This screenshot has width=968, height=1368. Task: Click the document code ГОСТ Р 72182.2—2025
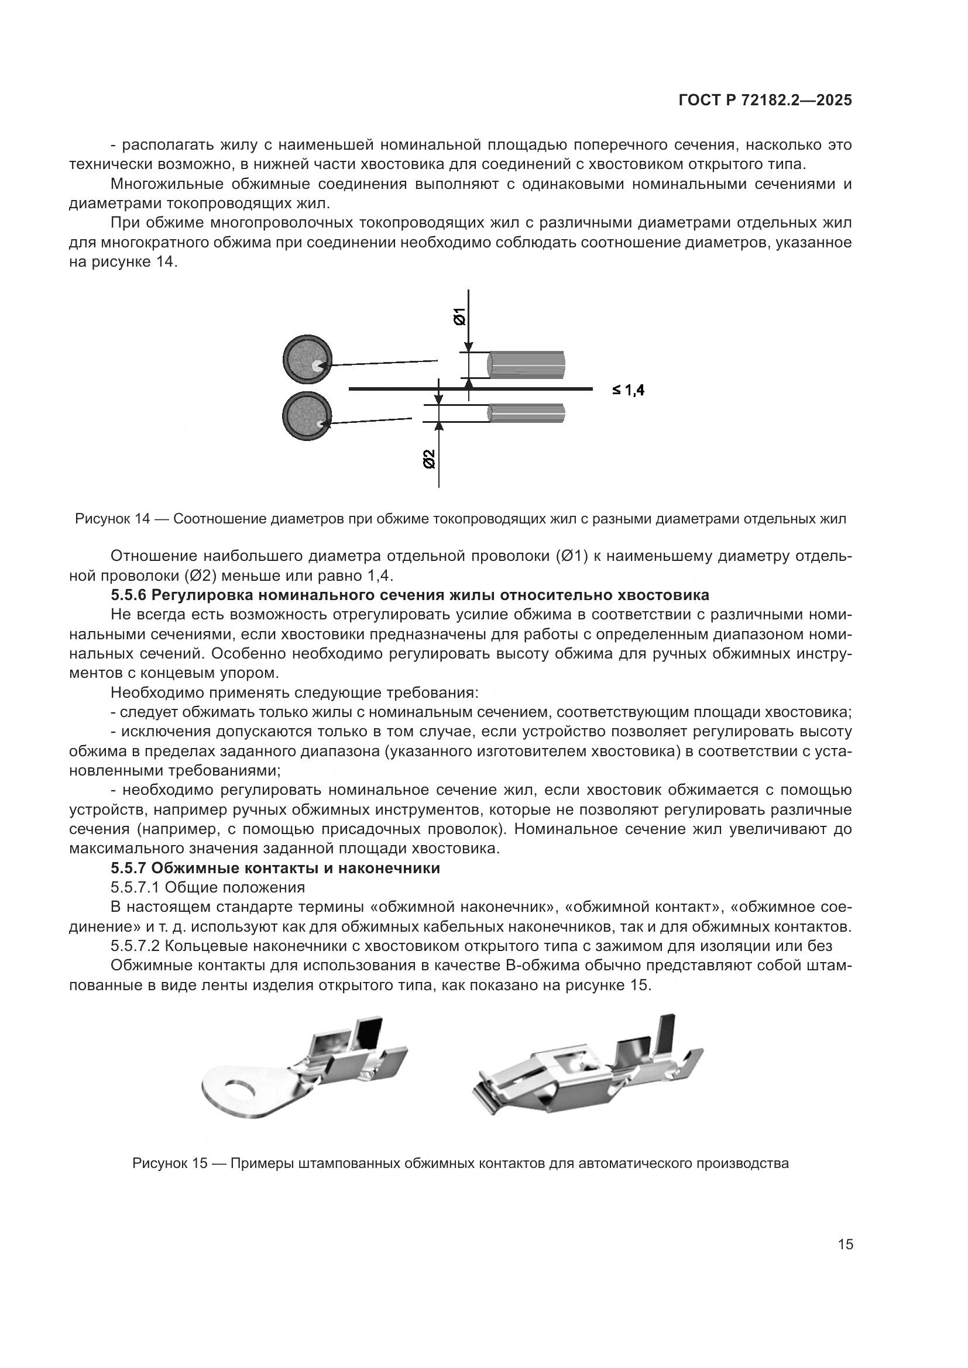[x=765, y=101]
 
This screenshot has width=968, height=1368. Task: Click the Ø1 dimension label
[x=459, y=317]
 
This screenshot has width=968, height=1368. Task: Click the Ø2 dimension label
[x=429, y=459]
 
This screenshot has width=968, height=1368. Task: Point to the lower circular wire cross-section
[x=307, y=416]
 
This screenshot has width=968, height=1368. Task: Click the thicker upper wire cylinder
[x=526, y=364]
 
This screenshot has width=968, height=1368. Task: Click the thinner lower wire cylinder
[x=526, y=413]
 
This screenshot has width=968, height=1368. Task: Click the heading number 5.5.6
[x=129, y=595]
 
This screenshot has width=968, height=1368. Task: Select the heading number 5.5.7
[x=129, y=868]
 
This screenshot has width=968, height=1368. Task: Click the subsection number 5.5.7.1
[x=135, y=888]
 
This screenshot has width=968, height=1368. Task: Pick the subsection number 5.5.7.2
[x=135, y=946]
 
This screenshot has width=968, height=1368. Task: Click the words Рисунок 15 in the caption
[x=169, y=1163]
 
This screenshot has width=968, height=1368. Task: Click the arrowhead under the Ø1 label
[x=469, y=346]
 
